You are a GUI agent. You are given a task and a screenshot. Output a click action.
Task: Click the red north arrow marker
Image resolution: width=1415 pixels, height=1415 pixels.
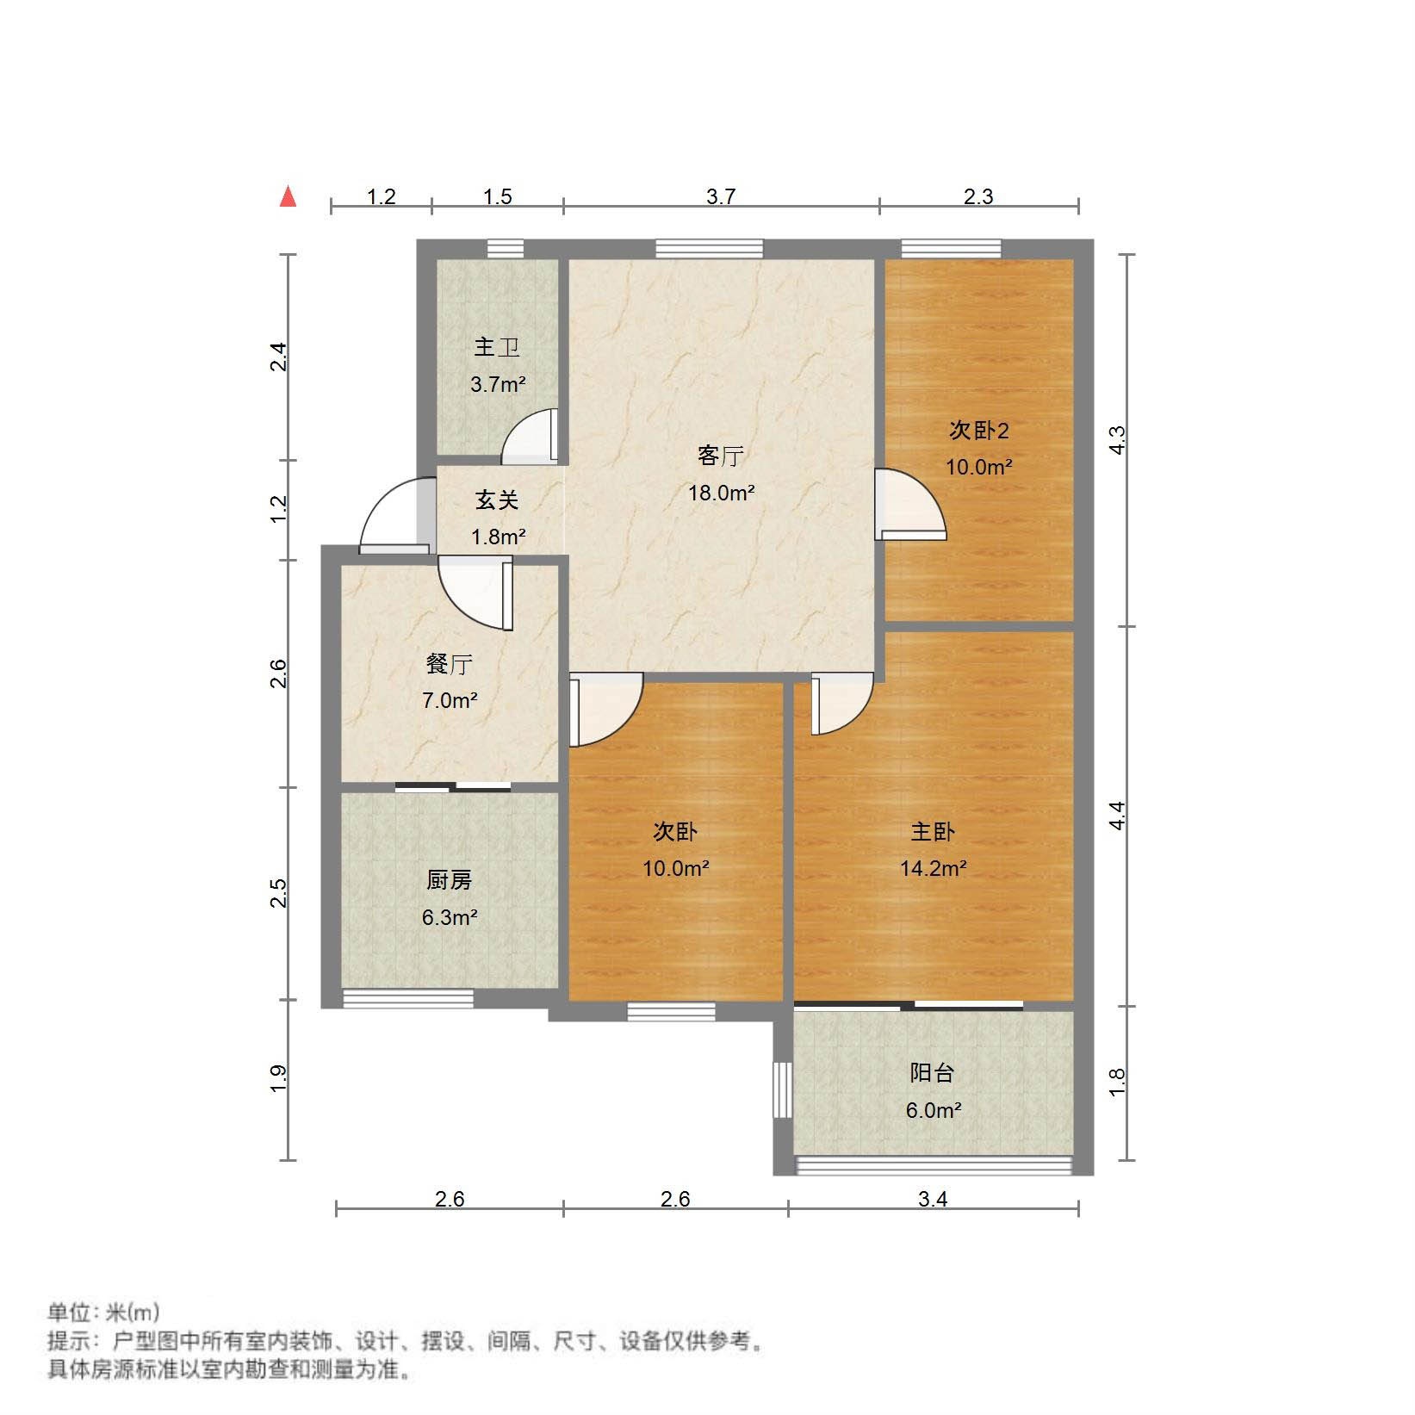pyautogui.click(x=289, y=197)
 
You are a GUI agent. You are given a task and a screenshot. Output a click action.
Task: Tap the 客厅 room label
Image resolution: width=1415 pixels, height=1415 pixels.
pyautogui.click(x=720, y=456)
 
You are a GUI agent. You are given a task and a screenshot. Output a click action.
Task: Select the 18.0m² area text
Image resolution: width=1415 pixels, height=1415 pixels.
pyautogui.click(x=721, y=493)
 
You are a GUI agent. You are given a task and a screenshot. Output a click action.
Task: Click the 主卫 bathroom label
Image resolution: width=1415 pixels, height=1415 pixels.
pyautogui.click(x=497, y=347)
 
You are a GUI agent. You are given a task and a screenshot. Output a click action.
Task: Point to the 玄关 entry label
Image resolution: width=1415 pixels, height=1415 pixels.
pyautogui.click(x=497, y=500)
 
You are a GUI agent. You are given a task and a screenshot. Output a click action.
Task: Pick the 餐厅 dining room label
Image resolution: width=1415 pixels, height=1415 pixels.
pyautogui.click(x=449, y=664)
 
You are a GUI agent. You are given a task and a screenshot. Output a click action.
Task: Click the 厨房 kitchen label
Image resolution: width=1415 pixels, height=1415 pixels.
pyautogui.click(x=449, y=880)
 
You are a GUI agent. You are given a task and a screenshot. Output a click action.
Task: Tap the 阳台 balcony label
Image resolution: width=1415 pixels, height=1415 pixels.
pyautogui.click(x=932, y=1073)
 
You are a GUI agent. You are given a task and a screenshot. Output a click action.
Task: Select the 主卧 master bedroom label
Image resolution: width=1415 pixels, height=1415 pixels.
pyautogui.click(x=933, y=832)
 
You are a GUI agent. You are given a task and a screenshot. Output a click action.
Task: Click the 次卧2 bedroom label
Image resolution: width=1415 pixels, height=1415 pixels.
pyautogui.click(x=978, y=430)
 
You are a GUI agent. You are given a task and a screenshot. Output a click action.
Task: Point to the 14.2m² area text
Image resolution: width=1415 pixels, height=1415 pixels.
pyautogui.click(x=933, y=868)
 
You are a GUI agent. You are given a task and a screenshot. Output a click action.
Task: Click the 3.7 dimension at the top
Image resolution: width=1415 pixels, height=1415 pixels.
pyautogui.click(x=721, y=196)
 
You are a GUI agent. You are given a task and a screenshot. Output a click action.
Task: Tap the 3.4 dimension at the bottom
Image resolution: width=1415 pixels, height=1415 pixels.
pyautogui.click(x=933, y=1199)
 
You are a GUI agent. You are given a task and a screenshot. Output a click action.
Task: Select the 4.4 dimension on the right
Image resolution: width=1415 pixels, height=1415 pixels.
pyautogui.click(x=1117, y=815)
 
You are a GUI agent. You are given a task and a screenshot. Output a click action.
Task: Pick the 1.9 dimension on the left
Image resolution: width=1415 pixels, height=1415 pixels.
pyautogui.click(x=277, y=1078)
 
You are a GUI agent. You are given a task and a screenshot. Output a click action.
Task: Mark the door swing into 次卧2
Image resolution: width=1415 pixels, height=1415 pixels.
pyautogui.click(x=911, y=504)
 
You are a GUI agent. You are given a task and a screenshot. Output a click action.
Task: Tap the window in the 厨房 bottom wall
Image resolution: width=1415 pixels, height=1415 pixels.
pyautogui.click(x=408, y=999)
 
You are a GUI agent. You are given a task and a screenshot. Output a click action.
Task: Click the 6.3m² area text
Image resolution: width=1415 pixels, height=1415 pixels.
pyautogui.click(x=449, y=917)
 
